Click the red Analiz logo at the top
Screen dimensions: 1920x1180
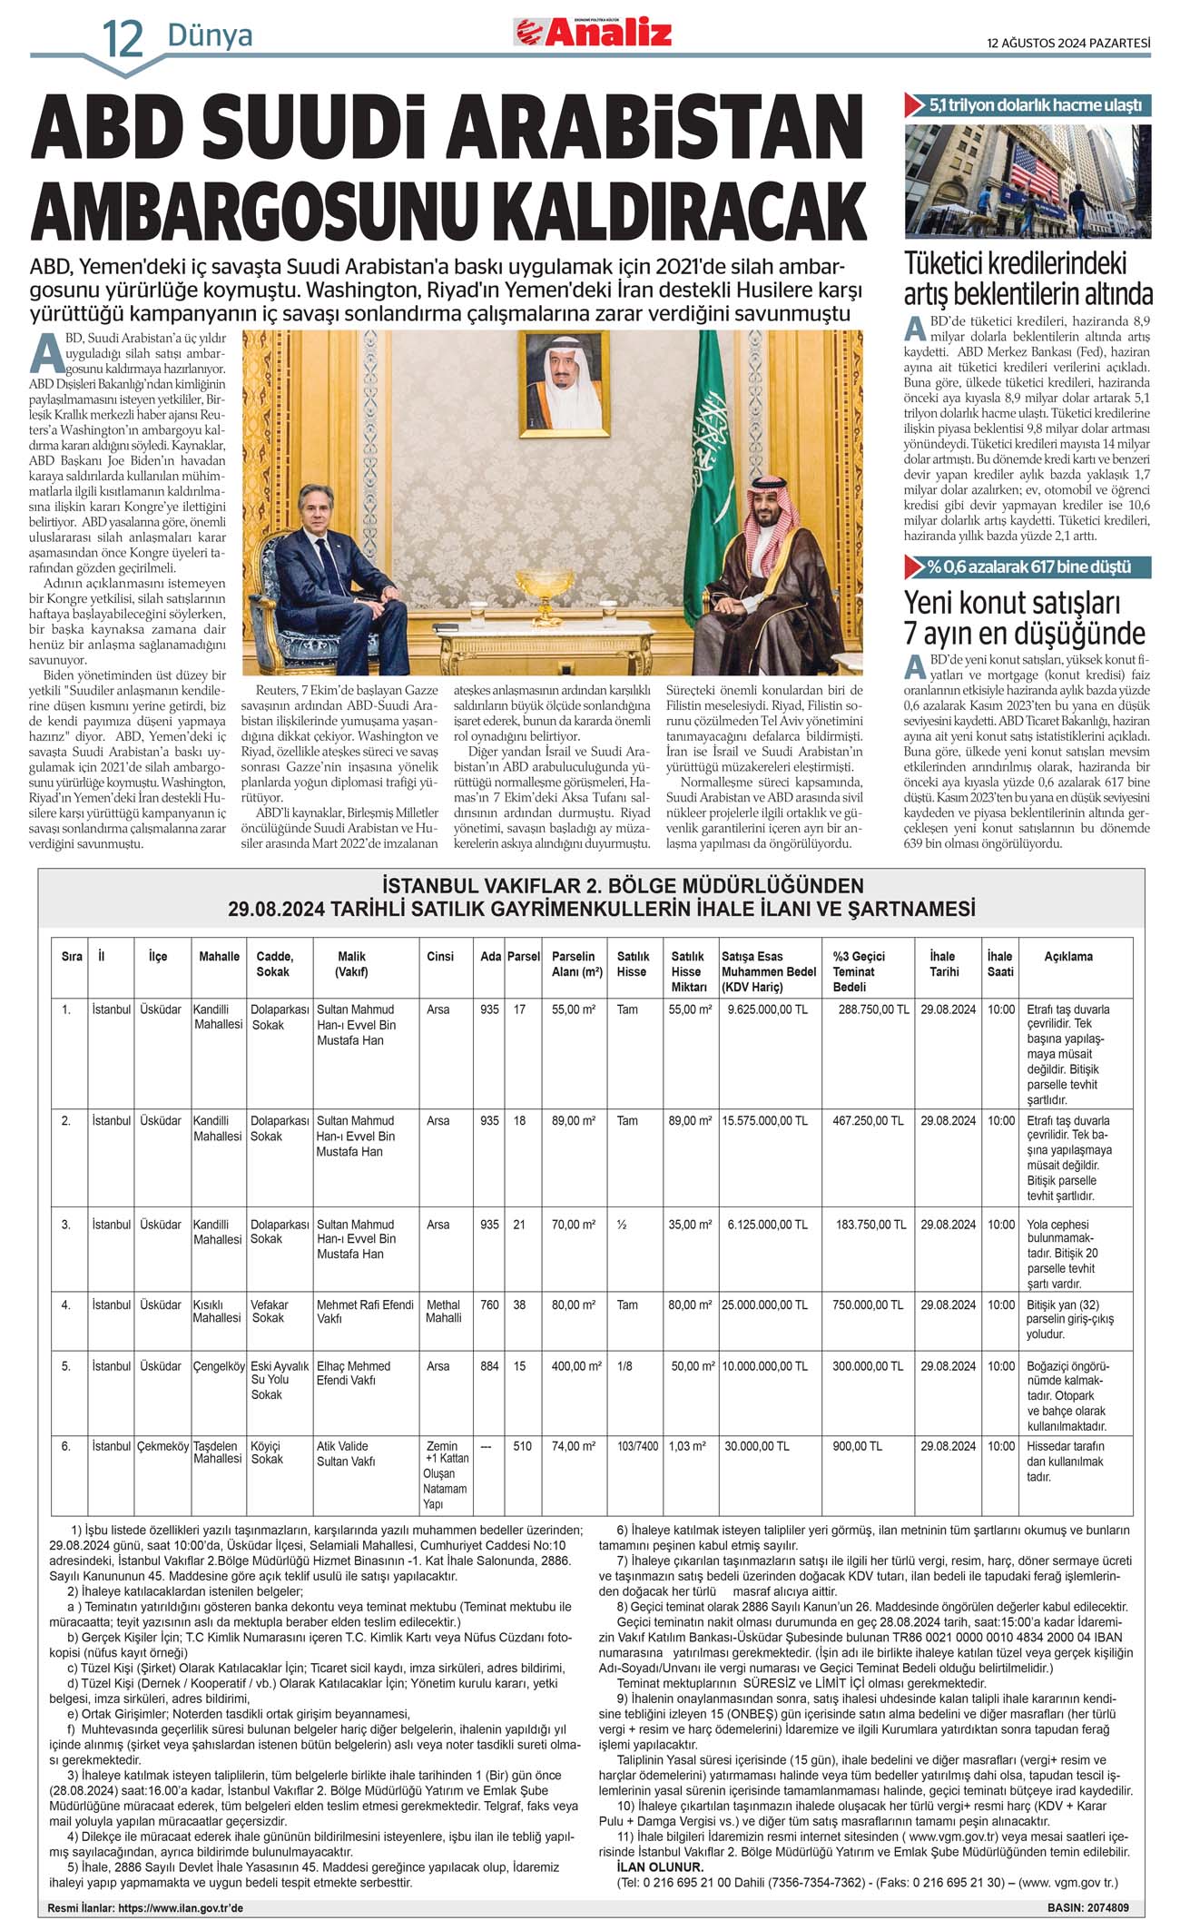(x=594, y=32)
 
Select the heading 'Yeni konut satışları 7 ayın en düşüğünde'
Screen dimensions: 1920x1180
(x=1024, y=617)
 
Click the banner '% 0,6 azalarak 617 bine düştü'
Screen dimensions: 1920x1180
(x=1028, y=567)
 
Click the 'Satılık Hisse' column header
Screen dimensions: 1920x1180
(x=633, y=963)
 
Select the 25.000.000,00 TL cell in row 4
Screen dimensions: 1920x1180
(x=764, y=1305)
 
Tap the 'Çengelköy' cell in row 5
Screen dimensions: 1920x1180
(x=219, y=1365)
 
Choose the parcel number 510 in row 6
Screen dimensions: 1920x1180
(x=522, y=1446)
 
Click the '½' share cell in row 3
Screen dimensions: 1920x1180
(x=622, y=1225)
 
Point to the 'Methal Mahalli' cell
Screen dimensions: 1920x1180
(x=443, y=1311)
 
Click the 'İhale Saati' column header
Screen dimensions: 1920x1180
(x=1000, y=963)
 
